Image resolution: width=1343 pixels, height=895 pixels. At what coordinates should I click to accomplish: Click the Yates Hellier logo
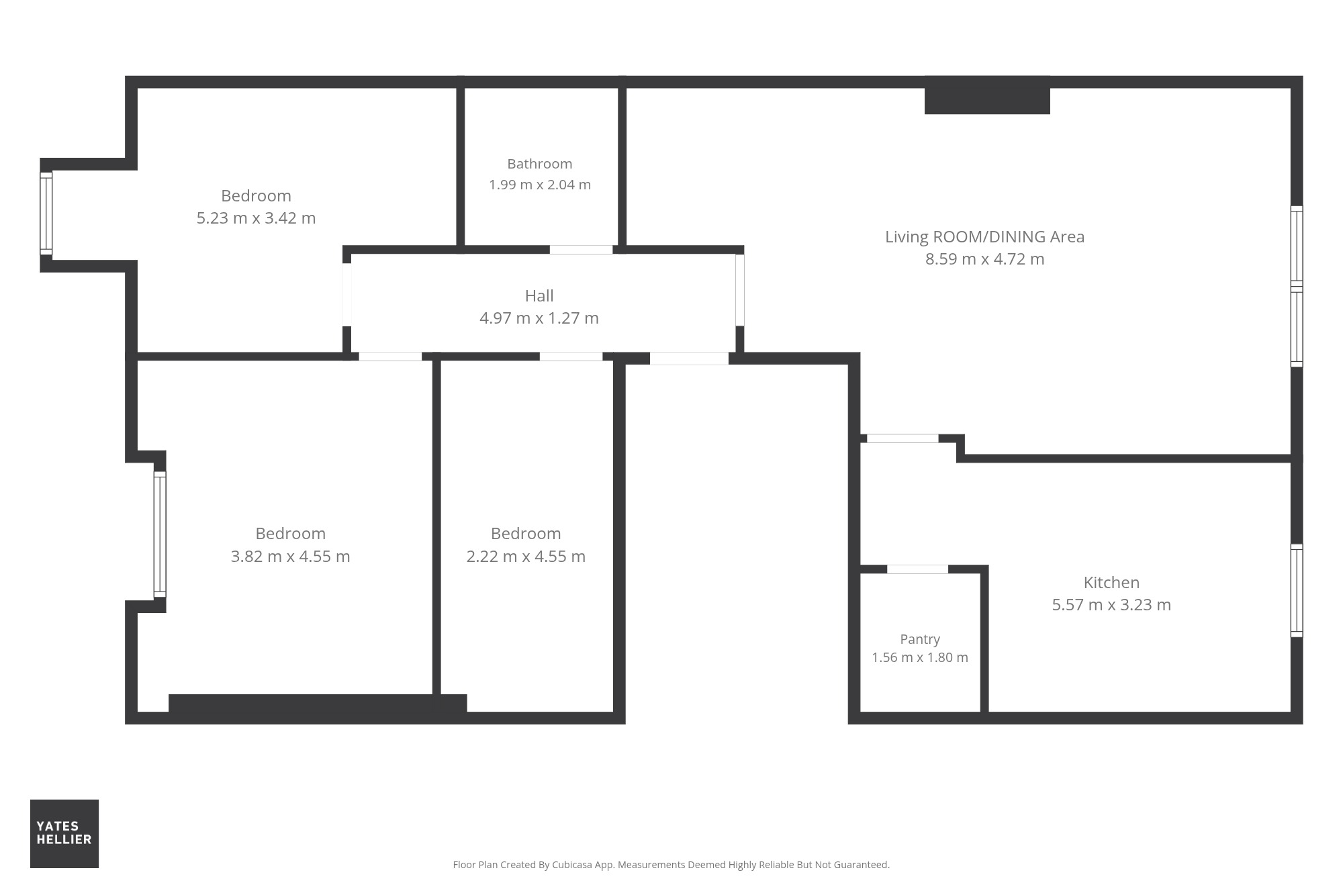[x=64, y=833]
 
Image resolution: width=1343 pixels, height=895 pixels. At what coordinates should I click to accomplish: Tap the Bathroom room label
[x=540, y=164]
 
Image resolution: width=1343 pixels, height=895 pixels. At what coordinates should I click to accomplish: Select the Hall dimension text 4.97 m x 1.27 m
[x=539, y=318]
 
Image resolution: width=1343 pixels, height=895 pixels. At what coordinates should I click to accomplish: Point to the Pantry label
[x=920, y=639]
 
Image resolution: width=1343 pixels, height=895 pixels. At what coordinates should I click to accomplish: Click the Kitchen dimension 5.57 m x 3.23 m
[x=1111, y=604]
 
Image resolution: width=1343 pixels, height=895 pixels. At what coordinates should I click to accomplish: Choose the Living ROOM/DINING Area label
[x=984, y=236]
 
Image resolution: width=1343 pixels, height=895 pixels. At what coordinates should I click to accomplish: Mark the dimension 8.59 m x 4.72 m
[x=984, y=258]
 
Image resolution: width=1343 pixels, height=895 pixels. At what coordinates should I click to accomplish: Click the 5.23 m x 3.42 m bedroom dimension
[x=256, y=218]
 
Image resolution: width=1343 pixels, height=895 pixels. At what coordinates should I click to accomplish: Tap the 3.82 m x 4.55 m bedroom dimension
[x=290, y=556]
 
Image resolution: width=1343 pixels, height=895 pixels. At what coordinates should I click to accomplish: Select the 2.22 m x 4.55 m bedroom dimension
[x=526, y=556]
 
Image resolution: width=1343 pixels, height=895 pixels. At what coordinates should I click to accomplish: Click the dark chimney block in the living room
[x=987, y=95]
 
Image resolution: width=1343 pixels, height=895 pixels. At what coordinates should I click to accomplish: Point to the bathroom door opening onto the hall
[x=581, y=250]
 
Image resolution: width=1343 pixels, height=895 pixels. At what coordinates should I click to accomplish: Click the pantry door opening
[x=917, y=569]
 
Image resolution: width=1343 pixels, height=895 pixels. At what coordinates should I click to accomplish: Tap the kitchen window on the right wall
[x=1297, y=590]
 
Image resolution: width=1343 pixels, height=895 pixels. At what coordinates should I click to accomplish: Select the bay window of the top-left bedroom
[x=46, y=214]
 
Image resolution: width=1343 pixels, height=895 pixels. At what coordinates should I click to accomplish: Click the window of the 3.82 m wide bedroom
[x=160, y=534]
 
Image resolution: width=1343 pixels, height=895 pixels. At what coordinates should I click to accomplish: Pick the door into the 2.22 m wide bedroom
[x=571, y=357]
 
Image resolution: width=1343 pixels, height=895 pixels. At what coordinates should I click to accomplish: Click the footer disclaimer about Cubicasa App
[x=671, y=865]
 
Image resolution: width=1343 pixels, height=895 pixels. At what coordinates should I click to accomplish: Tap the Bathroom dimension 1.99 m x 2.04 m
[x=540, y=185]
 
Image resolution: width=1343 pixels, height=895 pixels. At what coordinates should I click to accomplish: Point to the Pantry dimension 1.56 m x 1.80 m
[x=920, y=657]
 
